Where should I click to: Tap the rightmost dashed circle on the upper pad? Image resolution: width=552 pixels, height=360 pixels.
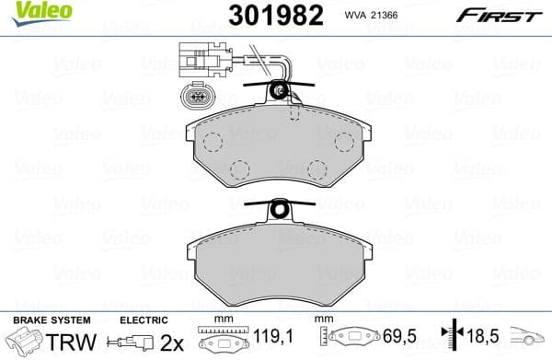pos(345,142)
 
